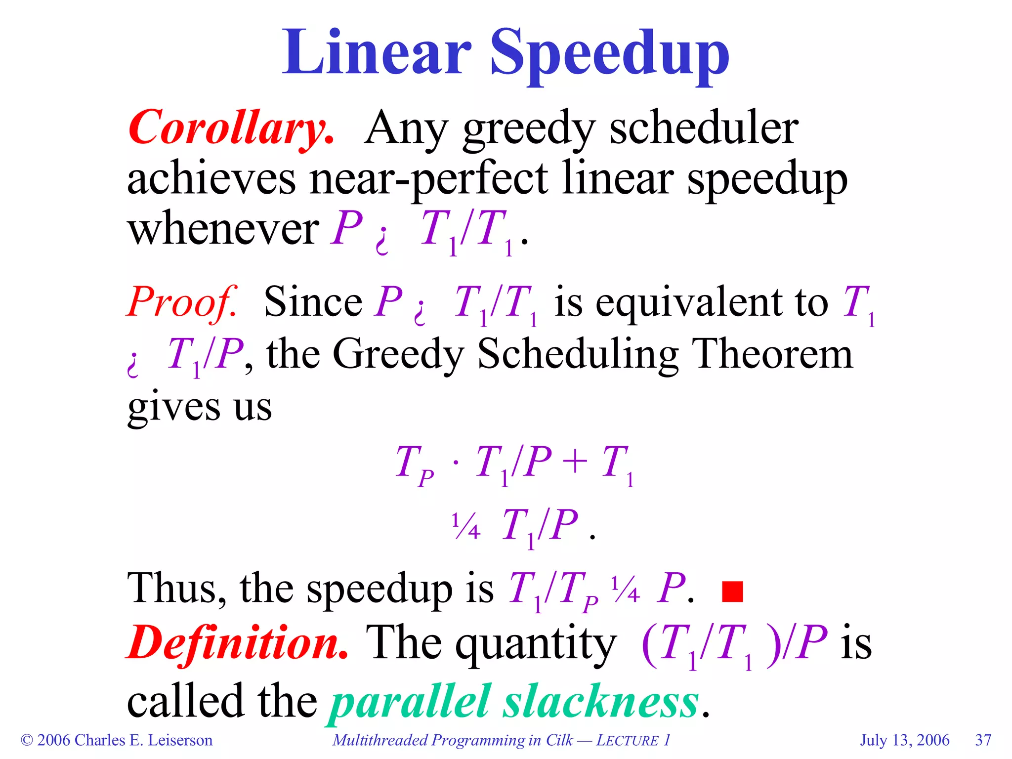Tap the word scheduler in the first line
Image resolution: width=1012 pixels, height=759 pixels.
(x=704, y=127)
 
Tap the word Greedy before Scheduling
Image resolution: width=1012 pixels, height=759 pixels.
(x=398, y=355)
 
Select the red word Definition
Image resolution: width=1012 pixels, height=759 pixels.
(x=237, y=642)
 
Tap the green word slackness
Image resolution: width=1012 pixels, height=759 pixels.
(x=601, y=702)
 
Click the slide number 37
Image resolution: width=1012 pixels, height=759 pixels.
(x=983, y=740)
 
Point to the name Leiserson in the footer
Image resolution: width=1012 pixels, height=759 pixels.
(x=180, y=740)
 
